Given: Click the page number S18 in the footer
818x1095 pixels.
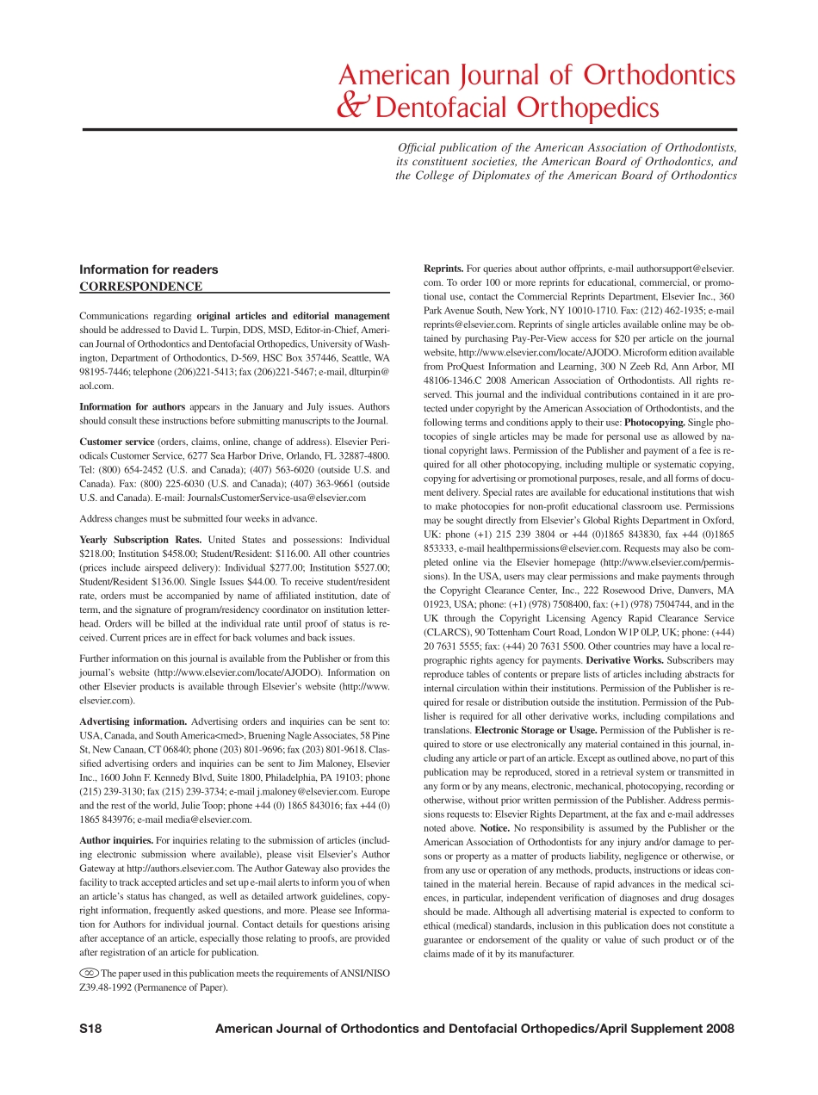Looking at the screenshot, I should click(90, 1029).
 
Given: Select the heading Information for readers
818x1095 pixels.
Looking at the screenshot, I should click(149, 269).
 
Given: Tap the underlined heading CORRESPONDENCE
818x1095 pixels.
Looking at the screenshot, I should click(141, 287).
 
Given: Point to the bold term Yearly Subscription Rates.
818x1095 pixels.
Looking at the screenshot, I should click(139, 540).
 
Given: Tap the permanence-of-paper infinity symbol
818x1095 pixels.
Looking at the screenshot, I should click(89, 974).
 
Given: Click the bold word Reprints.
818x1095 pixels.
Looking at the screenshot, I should click(443, 269).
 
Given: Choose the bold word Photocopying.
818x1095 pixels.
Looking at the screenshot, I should click(654, 423).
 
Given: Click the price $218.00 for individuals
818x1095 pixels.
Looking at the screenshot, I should click(96, 554).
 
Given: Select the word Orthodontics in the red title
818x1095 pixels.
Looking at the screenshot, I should click(660, 76).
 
